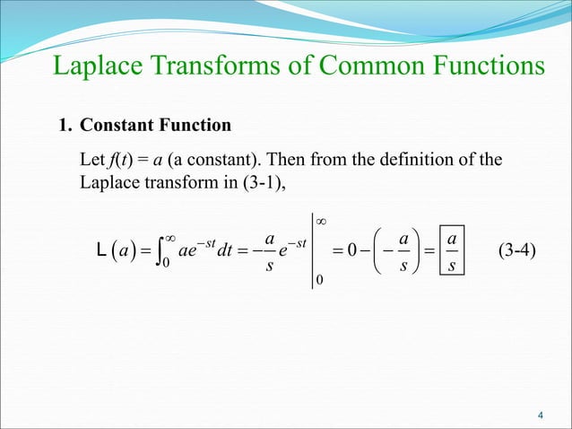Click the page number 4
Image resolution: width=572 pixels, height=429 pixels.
(541, 414)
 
